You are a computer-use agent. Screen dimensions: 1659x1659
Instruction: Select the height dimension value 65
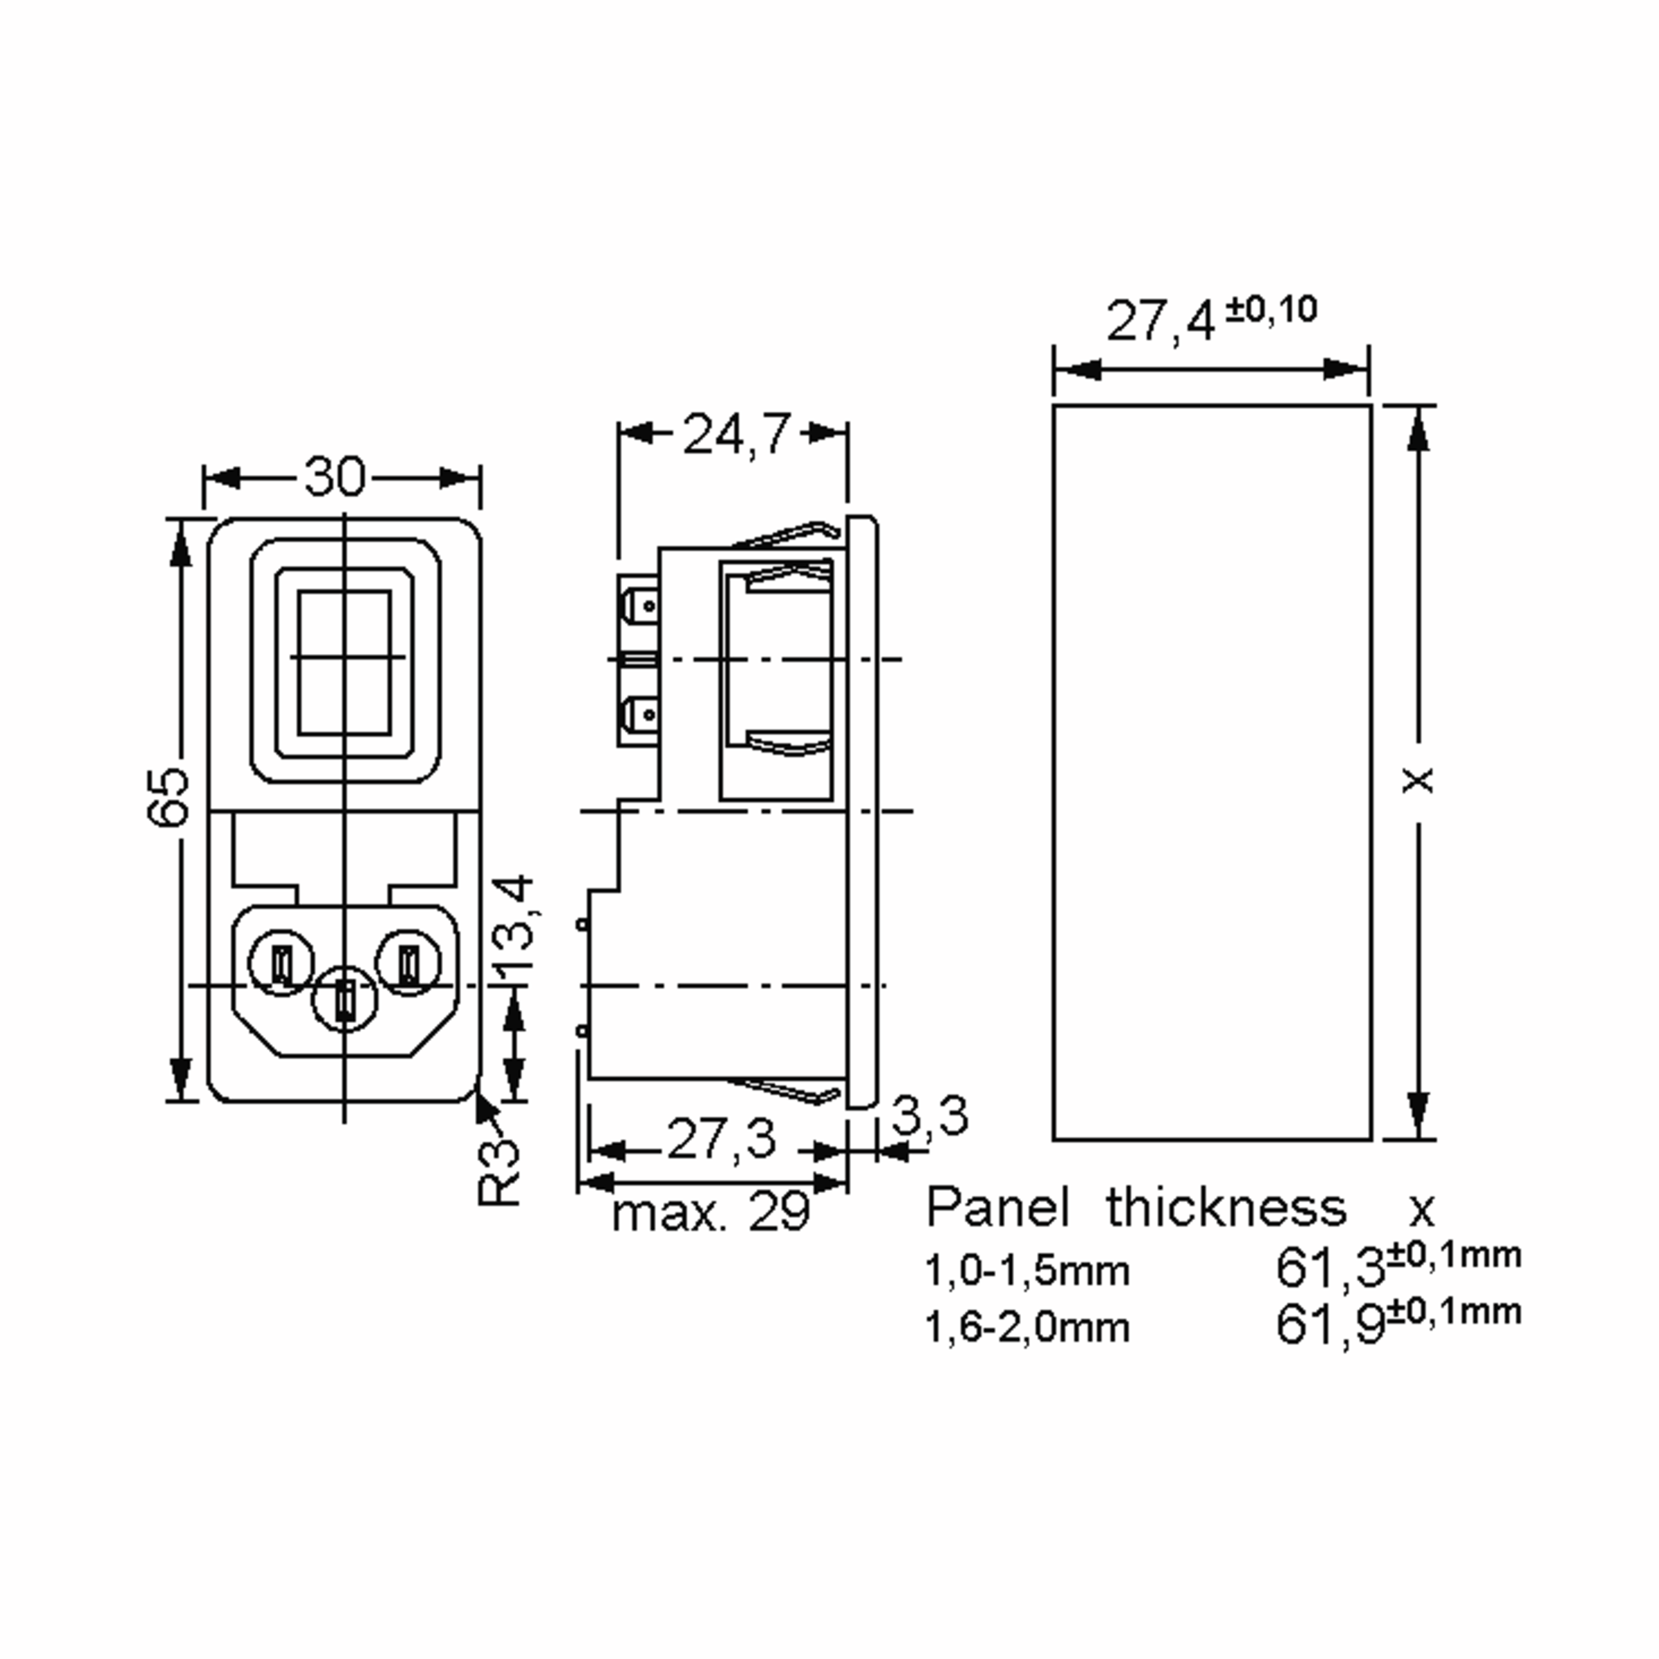[167, 796]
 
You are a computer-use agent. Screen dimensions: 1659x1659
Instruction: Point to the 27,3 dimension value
[720, 1139]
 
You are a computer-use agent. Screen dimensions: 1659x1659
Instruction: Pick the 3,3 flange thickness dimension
[929, 1116]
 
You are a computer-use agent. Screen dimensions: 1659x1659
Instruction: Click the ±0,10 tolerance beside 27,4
[1271, 309]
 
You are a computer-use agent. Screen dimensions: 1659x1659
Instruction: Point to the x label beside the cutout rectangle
[1418, 780]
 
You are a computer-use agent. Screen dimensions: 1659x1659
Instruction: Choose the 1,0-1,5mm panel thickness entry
[1027, 1271]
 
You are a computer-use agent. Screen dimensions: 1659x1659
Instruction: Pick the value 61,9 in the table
[1329, 1324]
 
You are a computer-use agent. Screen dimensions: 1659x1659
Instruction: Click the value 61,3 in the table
[1329, 1268]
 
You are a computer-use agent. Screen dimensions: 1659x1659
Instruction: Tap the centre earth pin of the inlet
[344, 1000]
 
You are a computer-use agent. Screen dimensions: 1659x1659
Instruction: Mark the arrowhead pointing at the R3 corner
[485, 1103]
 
